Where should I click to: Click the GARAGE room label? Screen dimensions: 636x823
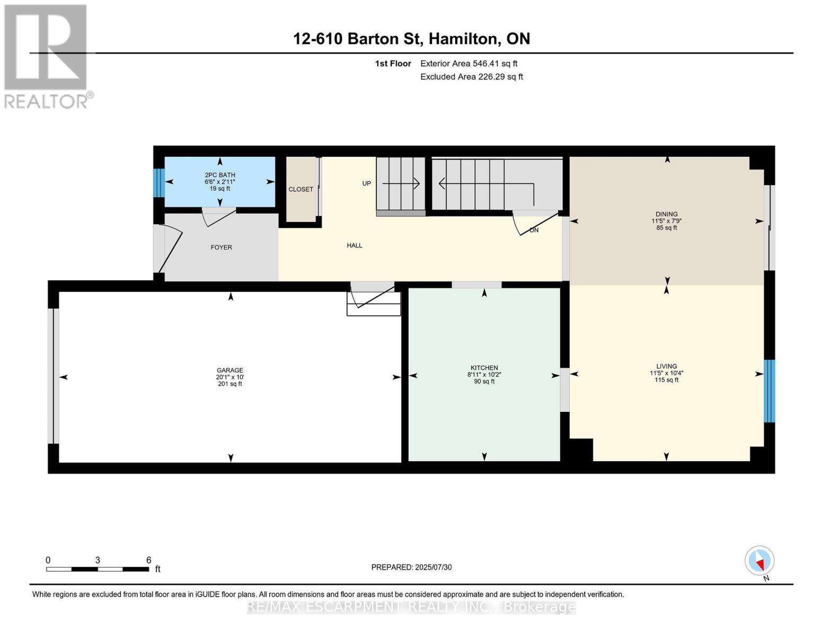click(x=229, y=370)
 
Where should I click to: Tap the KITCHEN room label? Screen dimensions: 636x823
click(x=484, y=368)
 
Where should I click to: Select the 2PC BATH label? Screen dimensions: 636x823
click(x=220, y=175)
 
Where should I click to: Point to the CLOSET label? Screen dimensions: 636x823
click(x=300, y=189)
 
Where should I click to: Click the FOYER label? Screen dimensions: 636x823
click(x=221, y=248)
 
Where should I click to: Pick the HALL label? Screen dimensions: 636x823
click(x=355, y=245)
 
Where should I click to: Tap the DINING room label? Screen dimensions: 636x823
click(x=666, y=215)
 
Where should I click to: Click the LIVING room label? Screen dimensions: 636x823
click(x=666, y=366)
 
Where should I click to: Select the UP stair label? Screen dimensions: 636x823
click(x=366, y=184)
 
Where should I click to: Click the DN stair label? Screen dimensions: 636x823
click(x=534, y=230)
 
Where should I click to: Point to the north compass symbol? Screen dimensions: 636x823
click(x=759, y=561)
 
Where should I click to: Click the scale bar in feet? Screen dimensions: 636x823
click(x=98, y=569)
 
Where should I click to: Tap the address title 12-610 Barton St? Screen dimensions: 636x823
click(x=411, y=39)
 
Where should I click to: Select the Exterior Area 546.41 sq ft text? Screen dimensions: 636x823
click(x=468, y=64)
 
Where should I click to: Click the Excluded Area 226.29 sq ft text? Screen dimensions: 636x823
click(x=471, y=77)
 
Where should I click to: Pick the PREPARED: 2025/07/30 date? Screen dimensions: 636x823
click(x=411, y=567)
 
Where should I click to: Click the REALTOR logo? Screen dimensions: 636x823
click(x=47, y=56)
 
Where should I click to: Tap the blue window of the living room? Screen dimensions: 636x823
click(x=769, y=391)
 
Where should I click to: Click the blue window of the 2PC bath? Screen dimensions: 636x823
click(x=158, y=183)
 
